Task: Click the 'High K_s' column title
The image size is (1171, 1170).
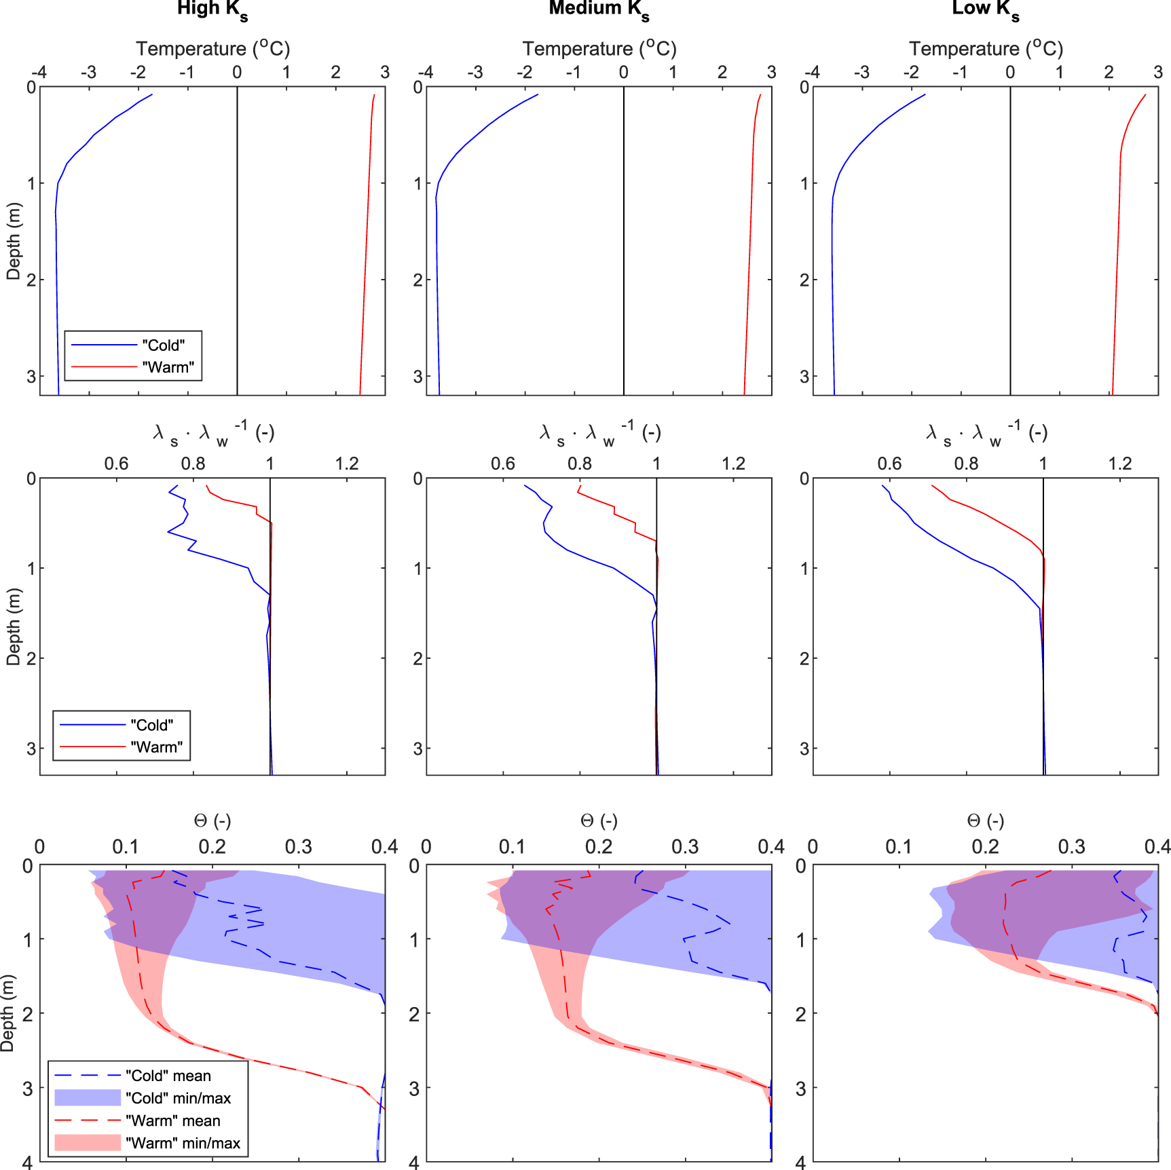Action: (212, 10)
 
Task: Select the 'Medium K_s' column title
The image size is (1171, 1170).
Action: (599, 10)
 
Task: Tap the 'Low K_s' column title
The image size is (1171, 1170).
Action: (985, 10)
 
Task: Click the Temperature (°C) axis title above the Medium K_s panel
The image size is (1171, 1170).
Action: (599, 49)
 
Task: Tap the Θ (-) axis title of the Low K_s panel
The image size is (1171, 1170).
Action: (985, 821)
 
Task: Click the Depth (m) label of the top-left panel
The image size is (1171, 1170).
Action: (14, 241)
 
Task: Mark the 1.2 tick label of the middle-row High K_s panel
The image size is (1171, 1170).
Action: (347, 464)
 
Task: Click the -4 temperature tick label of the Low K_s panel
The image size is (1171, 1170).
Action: (812, 73)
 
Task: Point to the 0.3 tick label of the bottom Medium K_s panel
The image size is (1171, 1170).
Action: (685, 847)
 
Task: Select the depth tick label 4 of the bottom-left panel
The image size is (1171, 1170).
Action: (27, 1163)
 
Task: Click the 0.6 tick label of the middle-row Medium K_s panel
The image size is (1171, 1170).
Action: (502, 464)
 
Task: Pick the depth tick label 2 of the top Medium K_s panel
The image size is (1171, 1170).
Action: (417, 280)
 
